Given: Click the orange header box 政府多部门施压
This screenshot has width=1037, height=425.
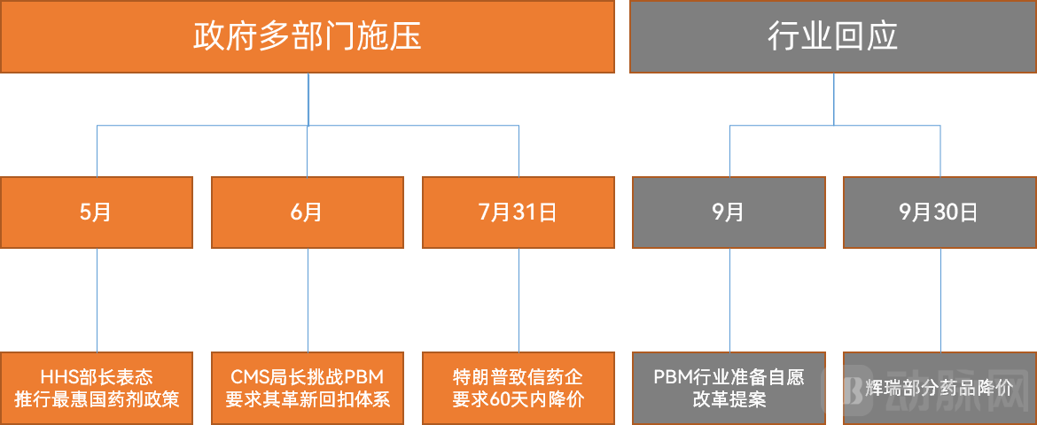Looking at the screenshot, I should tap(307, 36).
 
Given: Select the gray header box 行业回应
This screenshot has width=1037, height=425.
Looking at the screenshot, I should tap(833, 36).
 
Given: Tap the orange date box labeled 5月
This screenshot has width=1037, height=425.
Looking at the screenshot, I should tap(97, 212).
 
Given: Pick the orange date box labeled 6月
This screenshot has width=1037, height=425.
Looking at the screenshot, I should tap(308, 212).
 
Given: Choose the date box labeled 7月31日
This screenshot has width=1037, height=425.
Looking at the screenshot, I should tap(518, 212).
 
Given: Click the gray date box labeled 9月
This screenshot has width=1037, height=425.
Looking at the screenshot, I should tap(729, 212).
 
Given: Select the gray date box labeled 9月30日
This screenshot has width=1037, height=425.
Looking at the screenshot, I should tap(940, 212).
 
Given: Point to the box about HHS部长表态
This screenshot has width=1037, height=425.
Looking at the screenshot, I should tap(97, 388).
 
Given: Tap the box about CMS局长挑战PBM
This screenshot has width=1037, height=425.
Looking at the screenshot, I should tap(308, 388).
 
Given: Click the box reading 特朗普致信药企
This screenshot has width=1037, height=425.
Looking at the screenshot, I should tap(518, 388).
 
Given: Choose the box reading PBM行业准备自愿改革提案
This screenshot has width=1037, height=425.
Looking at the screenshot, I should tap(729, 388).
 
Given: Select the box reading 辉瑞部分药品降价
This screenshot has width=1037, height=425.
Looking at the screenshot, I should tap(940, 388).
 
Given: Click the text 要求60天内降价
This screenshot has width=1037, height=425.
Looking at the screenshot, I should tap(518, 399).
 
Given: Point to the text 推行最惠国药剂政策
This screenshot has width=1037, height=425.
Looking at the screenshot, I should tap(97, 399).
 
